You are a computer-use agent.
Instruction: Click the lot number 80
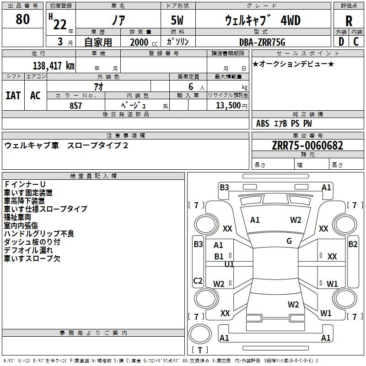pos(22,19)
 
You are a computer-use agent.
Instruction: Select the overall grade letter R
pos(349,21)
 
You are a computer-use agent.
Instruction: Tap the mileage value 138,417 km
pos(54,66)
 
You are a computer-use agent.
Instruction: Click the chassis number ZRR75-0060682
pos(307,145)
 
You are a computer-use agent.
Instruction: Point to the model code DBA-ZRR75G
pos(262,42)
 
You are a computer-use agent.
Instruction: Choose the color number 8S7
pos(75,106)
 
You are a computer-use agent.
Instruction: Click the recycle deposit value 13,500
pos(228,105)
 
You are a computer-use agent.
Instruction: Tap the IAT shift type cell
pos(13,96)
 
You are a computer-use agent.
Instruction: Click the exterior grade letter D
pos(341,42)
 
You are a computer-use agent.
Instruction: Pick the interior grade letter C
pos(356,42)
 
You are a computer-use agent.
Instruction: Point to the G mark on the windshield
pos(289,241)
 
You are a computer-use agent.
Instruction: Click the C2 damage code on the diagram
pos(198,280)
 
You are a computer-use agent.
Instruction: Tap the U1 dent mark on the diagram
pos(229,264)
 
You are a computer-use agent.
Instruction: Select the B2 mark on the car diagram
pos(353,244)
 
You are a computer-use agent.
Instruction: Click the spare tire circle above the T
pos(200,334)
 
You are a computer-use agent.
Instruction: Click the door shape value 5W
pos(177,20)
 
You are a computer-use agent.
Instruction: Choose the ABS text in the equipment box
pos(263,124)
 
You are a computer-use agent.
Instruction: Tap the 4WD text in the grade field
pos(291,20)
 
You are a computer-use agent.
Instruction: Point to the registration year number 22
pos(60,25)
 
